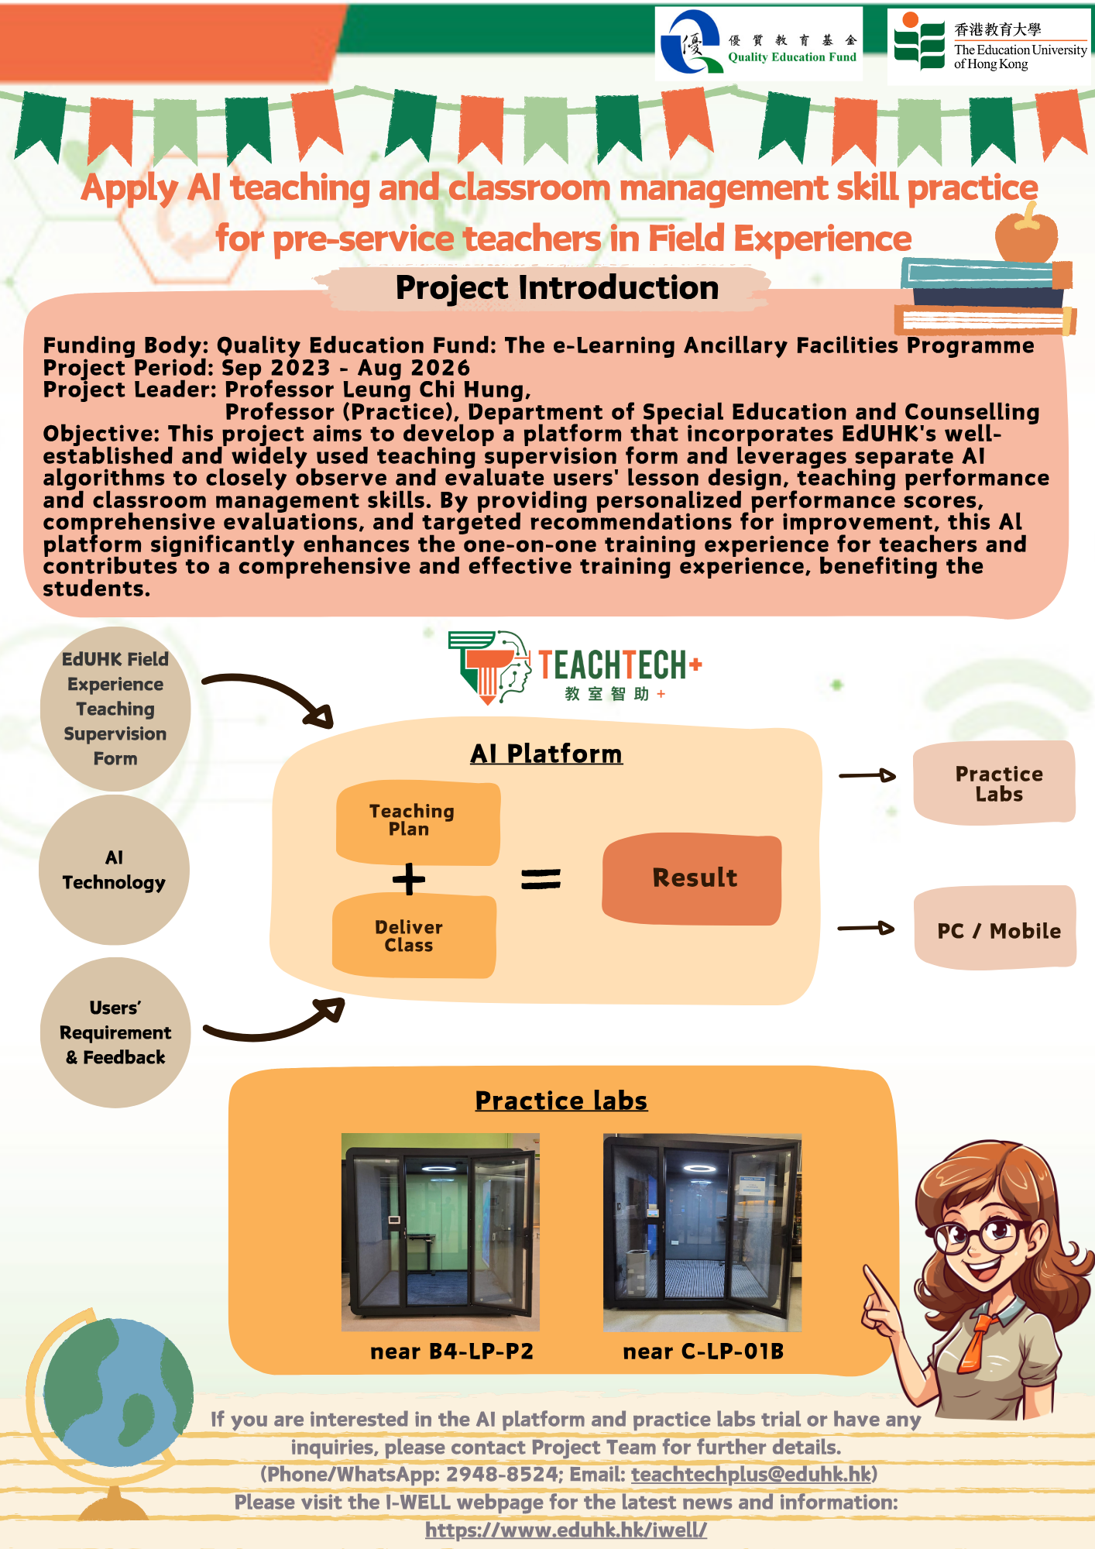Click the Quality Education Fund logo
pyautogui.click(x=759, y=43)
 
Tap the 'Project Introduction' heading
pyautogui.click(x=557, y=287)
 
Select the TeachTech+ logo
pyautogui.click(x=575, y=667)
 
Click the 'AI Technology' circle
pyautogui.click(x=114, y=870)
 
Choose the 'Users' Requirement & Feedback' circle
pyautogui.click(x=115, y=1032)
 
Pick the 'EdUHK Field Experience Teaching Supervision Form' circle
pyautogui.click(x=115, y=709)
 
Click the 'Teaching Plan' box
pyautogui.click(x=417, y=822)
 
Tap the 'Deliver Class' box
pyautogui.click(x=414, y=936)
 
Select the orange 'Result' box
pyautogui.click(x=692, y=878)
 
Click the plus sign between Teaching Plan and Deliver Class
pyautogui.click(x=409, y=879)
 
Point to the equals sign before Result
pyautogui.click(x=541, y=878)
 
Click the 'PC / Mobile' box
pyautogui.click(x=996, y=928)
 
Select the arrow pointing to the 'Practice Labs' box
pyautogui.click(x=867, y=775)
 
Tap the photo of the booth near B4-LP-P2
pyautogui.click(x=441, y=1232)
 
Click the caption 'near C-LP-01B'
pyautogui.click(x=703, y=1352)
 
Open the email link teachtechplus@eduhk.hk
pyautogui.click(x=751, y=1474)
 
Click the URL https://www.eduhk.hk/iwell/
pyautogui.click(x=566, y=1530)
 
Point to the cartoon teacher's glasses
pyautogui.click(x=982, y=1234)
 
